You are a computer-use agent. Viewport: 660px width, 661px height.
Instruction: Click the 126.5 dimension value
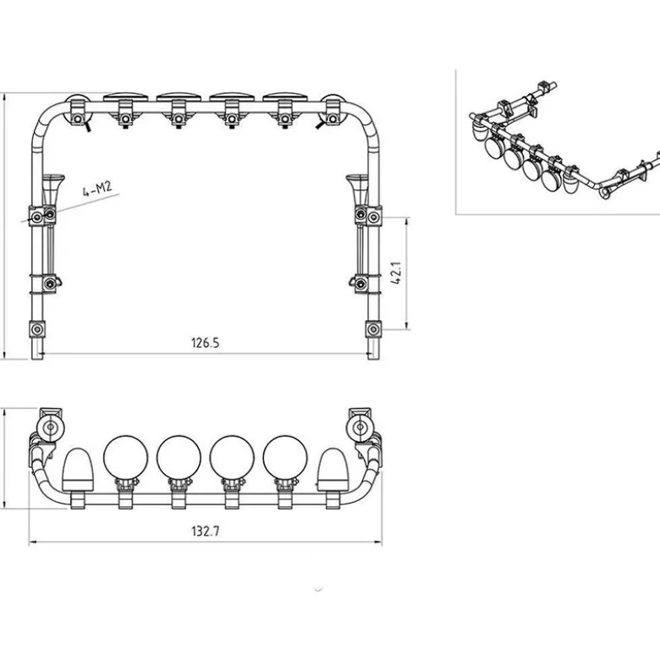(x=206, y=343)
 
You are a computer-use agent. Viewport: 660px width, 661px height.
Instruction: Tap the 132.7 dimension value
(x=206, y=531)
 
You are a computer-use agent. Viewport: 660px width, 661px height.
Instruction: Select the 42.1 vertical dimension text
(x=396, y=273)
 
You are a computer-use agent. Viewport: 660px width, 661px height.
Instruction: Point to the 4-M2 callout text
(x=97, y=189)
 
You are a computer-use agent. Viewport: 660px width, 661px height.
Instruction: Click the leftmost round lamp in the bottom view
(x=125, y=458)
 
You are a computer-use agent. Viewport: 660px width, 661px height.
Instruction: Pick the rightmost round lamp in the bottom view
(x=285, y=458)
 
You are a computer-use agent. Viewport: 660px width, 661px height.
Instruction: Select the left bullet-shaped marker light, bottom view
(x=78, y=470)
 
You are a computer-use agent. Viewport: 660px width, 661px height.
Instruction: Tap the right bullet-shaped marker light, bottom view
(x=333, y=470)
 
